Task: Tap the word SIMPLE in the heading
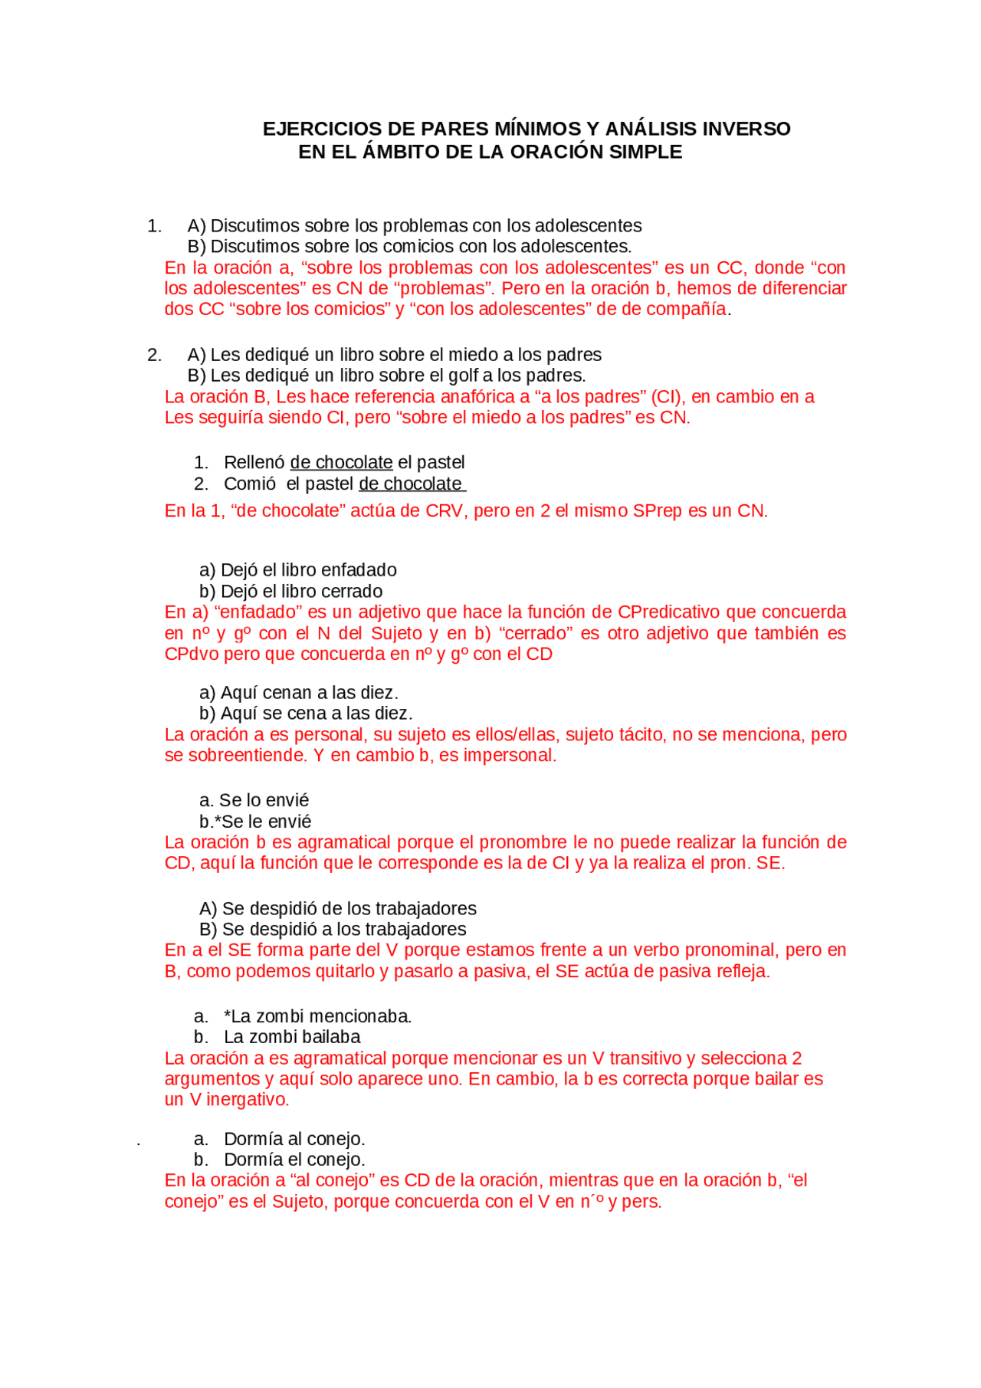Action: click(645, 152)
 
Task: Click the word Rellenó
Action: click(254, 463)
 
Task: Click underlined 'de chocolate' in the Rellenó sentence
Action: click(341, 463)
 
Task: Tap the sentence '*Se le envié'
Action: click(257, 822)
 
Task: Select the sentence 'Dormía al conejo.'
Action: click(294, 1139)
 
